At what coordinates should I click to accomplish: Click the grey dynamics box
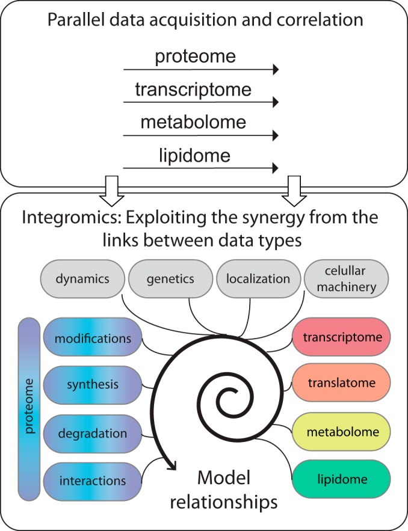coord(83,278)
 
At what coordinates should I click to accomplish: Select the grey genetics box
coord(170,278)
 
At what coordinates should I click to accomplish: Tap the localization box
coord(258,278)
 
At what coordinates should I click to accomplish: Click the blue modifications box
coord(93,338)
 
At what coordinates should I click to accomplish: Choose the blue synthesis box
coord(93,384)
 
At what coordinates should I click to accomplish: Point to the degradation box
coord(93,433)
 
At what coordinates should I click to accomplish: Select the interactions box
coord(93,480)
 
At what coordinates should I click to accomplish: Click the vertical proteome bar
coord(29,409)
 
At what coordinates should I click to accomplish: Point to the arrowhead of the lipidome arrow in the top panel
coord(276,167)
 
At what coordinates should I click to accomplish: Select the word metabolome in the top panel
coord(193,122)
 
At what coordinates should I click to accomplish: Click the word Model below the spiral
coord(224,479)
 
